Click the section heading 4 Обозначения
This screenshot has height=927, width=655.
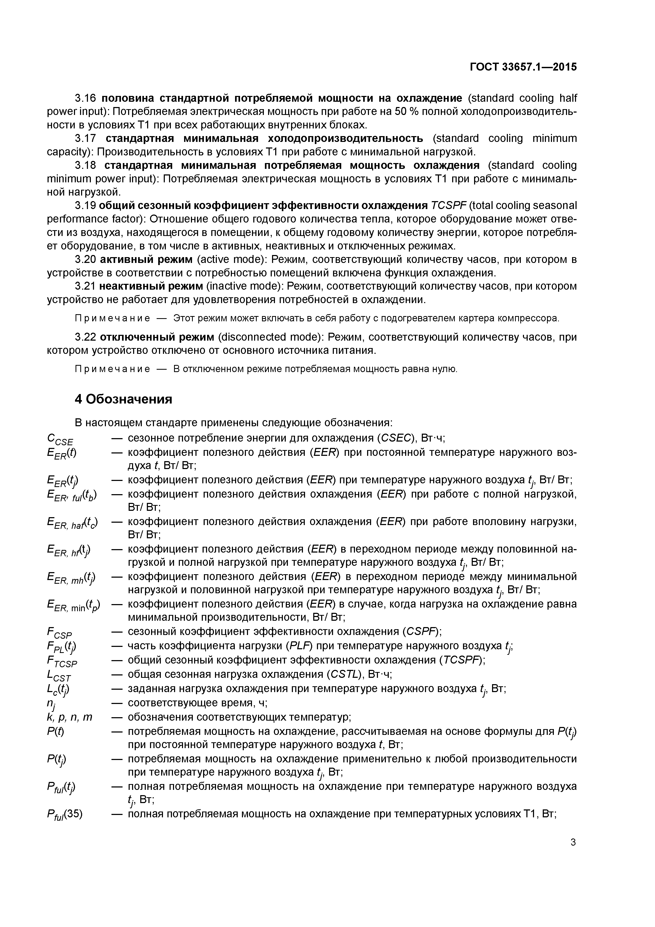pos(124,399)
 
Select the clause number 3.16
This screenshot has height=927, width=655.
pos(86,98)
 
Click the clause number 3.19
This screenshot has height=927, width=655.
pos(86,206)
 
